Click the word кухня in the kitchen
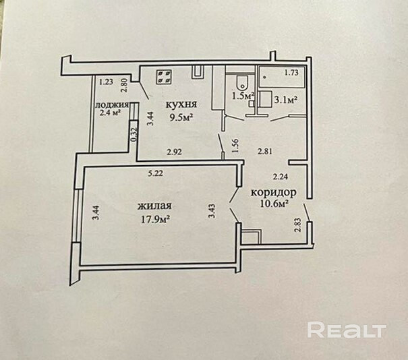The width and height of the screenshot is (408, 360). coord(181,104)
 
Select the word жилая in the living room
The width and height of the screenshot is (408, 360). coord(153,206)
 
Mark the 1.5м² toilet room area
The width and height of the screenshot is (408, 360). coord(243,96)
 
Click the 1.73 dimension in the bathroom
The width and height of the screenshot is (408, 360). coord(291,73)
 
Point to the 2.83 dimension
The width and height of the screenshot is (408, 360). coord(297,224)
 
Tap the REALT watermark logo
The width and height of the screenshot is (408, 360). coord(346,330)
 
